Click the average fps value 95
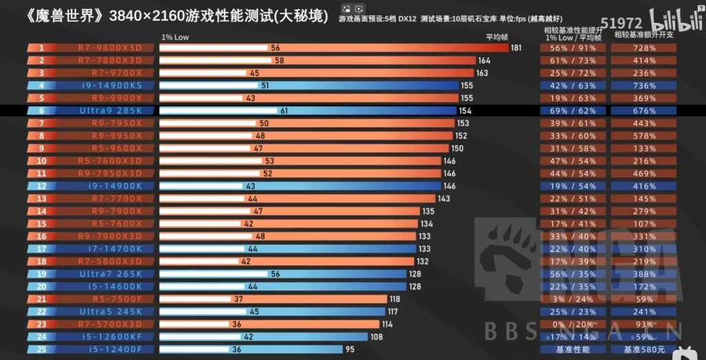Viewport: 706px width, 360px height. (350, 349)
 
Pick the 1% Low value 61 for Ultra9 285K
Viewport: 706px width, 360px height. (285, 110)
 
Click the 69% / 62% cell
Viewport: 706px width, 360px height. (569, 110)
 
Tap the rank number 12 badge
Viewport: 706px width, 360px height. (41, 186)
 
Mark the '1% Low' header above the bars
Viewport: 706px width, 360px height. (174, 37)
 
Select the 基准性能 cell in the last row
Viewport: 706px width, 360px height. (569, 349)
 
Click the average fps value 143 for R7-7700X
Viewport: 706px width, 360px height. (443, 199)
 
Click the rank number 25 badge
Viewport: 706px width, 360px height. (41, 349)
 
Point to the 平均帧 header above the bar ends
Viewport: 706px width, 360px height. (496, 37)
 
